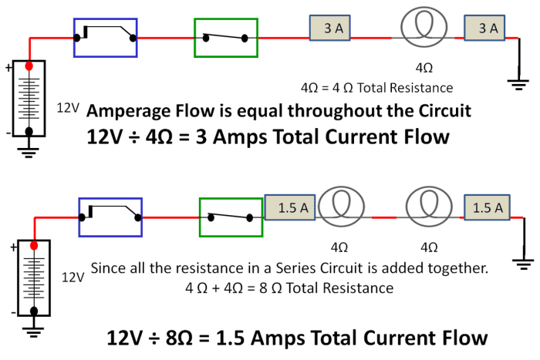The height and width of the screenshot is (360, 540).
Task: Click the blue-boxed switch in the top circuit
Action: [106, 37]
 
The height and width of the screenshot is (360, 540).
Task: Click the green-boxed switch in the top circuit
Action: [224, 37]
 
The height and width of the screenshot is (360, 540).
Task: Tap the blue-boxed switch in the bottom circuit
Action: [111, 217]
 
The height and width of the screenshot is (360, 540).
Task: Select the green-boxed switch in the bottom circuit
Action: [230, 217]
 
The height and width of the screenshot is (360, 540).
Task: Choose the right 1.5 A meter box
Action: [488, 207]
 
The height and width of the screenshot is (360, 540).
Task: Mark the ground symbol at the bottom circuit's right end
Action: [525, 263]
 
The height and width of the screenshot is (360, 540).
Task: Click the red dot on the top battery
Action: [29, 67]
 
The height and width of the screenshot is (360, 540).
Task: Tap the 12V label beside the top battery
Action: [68, 108]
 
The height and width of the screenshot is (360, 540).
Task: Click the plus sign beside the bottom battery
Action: [13, 248]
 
